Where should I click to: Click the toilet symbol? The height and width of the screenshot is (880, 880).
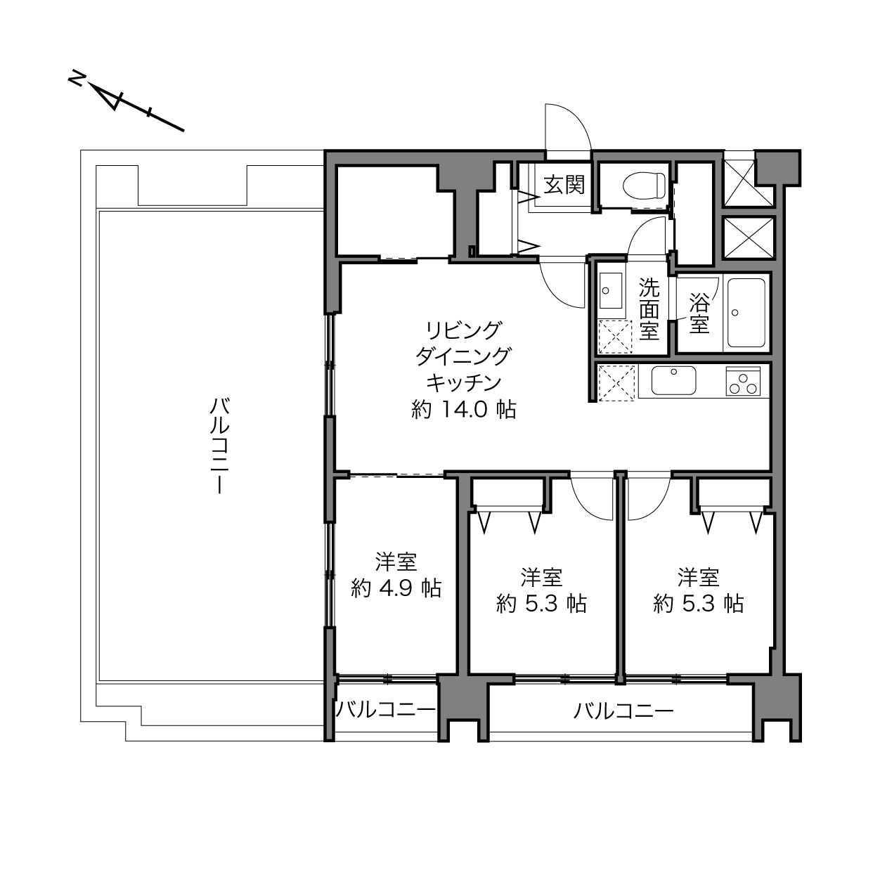pyautogui.click(x=645, y=185)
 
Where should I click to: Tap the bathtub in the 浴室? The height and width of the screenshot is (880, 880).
pyautogui.click(x=746, y=313)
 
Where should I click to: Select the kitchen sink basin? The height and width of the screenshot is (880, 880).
pyautogui.click(x=673, y=380)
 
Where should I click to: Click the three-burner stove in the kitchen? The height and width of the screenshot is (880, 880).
pyautogui.click(x=743, y=381)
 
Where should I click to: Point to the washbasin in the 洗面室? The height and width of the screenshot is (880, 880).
pyautogui.click(x=611, y=290)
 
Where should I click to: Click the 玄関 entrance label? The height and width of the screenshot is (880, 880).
pyautogui.click(x=564, y=185)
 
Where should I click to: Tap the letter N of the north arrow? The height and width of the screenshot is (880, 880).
pyautogui.click(x=76, y=78)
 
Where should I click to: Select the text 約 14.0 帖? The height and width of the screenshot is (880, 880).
pyautogui.click(x=463, y=410)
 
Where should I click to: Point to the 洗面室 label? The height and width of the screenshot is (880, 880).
pyautogui.click(x=649, y=309)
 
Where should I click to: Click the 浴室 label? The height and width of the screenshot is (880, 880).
pyautogui.click(x=699, y=313)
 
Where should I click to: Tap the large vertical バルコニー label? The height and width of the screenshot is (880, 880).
pyautogui.click(x=220, y=446)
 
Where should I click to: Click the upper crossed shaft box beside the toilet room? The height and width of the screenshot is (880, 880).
pyautogui.click(x=749, y=182)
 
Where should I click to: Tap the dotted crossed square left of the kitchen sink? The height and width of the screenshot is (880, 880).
pyautogui.click(x=616, y=383)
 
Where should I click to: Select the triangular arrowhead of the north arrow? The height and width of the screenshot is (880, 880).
pyautogui.click(x=107, y=96)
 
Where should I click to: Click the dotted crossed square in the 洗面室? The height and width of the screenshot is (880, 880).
pyautogui.click(x=615, y=337)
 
